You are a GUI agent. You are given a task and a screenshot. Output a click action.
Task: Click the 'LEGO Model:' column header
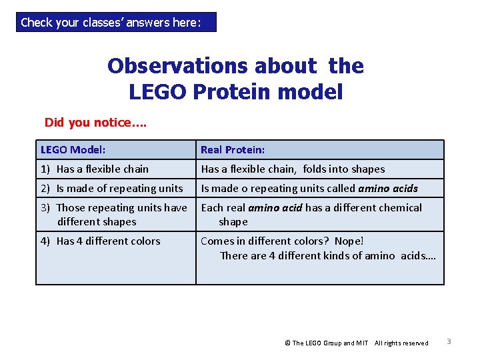click(73, 150)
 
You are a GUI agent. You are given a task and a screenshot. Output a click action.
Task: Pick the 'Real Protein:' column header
click(233, 150)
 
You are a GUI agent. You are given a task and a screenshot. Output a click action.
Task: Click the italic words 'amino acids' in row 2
click(388, 189)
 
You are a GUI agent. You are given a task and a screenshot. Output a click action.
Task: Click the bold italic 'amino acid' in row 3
click(275, 208)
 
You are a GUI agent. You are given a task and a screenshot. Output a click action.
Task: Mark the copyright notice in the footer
click(356, 343)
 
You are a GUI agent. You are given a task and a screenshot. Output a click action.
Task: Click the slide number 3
click(449, 342)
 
